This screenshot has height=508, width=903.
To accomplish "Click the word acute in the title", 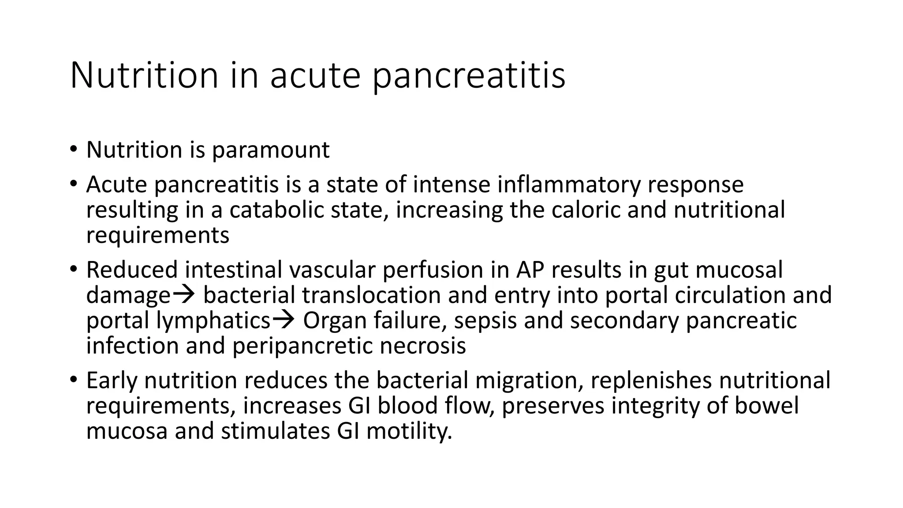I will [316, 76].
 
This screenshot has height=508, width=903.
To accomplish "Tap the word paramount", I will [270, 150].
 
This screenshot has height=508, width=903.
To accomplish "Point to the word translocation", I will [371, 295].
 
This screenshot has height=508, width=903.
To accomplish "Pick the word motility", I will [409, 431].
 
